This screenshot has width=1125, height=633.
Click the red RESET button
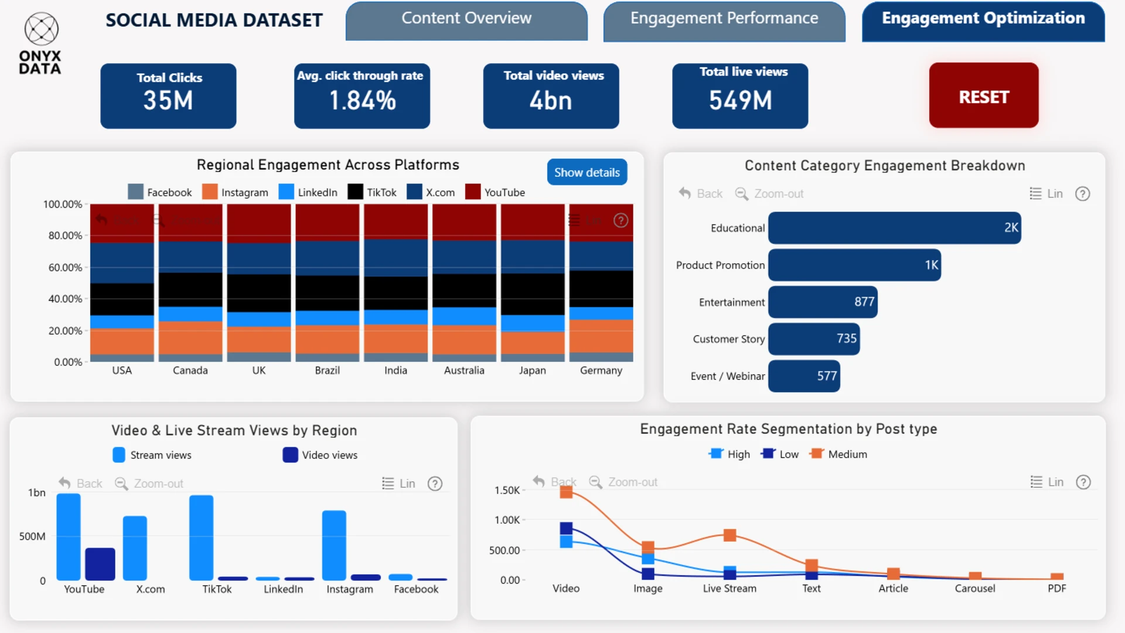click(x=983, y=96)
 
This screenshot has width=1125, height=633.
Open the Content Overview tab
click(x=466, y=19)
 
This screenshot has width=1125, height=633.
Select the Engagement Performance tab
click(x=724, y=19)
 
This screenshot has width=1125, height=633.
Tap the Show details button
click(x=587, y=172)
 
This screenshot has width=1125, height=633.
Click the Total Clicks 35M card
click(x=168, y=96)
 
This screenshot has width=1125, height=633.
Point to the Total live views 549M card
click(x=740, y=96)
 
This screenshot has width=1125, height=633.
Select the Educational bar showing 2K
click(x=894, y=228)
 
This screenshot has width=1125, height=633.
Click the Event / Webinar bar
click(x=804, y=376)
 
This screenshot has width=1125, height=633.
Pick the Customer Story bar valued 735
click(x=814, y=339)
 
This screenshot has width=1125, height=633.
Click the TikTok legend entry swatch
click(x=355, y=192)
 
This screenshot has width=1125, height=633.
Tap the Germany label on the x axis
click(x=601, y=370)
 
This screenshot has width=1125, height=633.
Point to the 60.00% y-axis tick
click(x=65, y=268)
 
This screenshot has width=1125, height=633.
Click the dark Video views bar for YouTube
click(x=100, y=564)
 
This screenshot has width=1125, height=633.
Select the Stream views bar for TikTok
click(x=202, y=537)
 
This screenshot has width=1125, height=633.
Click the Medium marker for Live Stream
click(x=729, y=535)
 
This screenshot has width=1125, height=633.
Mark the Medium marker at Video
click(x=566, y=492)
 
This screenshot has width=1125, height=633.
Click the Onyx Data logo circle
click(x=42, y=29)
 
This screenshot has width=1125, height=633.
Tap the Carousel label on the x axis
click(x=974, y=588)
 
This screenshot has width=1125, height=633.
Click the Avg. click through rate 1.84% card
click(x=362, y=96)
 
